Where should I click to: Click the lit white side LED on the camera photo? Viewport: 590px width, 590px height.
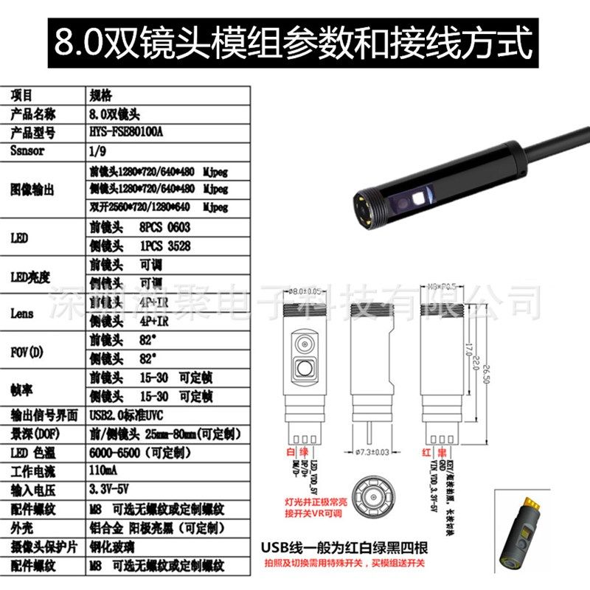tap(419, 198)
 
